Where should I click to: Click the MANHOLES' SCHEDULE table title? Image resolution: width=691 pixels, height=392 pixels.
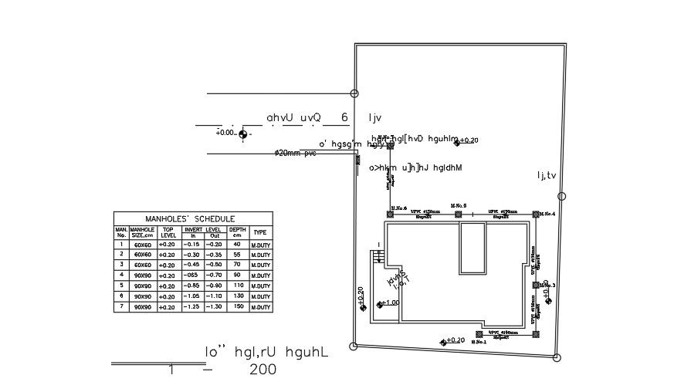(193, 218)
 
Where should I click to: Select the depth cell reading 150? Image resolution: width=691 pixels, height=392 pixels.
(238, 307)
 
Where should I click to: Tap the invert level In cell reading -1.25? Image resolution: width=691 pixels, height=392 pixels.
(193, 307)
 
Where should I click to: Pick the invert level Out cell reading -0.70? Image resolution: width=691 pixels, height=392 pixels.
(215, 275)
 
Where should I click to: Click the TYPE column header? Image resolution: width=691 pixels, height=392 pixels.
(260, 232)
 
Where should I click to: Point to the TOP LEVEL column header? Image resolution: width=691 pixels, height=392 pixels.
(168, 232)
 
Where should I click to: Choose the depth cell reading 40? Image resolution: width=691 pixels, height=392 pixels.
(238, 244)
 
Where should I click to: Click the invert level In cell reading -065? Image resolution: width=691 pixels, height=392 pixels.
(193, 275)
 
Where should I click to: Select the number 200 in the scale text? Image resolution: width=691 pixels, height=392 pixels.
(263, 370)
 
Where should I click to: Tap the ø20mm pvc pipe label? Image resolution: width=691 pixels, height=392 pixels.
(296, 154)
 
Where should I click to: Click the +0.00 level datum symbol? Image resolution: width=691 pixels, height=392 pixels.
(244, 134)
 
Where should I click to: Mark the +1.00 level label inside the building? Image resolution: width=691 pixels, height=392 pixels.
(391, 302)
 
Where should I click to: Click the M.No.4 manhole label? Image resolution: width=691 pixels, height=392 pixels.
(547, 214)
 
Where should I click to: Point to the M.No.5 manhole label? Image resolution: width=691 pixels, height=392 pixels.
(460, 206)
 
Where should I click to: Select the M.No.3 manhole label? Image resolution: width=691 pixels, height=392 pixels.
(547, 286)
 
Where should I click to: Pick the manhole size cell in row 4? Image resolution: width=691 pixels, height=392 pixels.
(142, 275)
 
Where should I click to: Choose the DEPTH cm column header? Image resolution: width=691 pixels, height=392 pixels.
(238, 232)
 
